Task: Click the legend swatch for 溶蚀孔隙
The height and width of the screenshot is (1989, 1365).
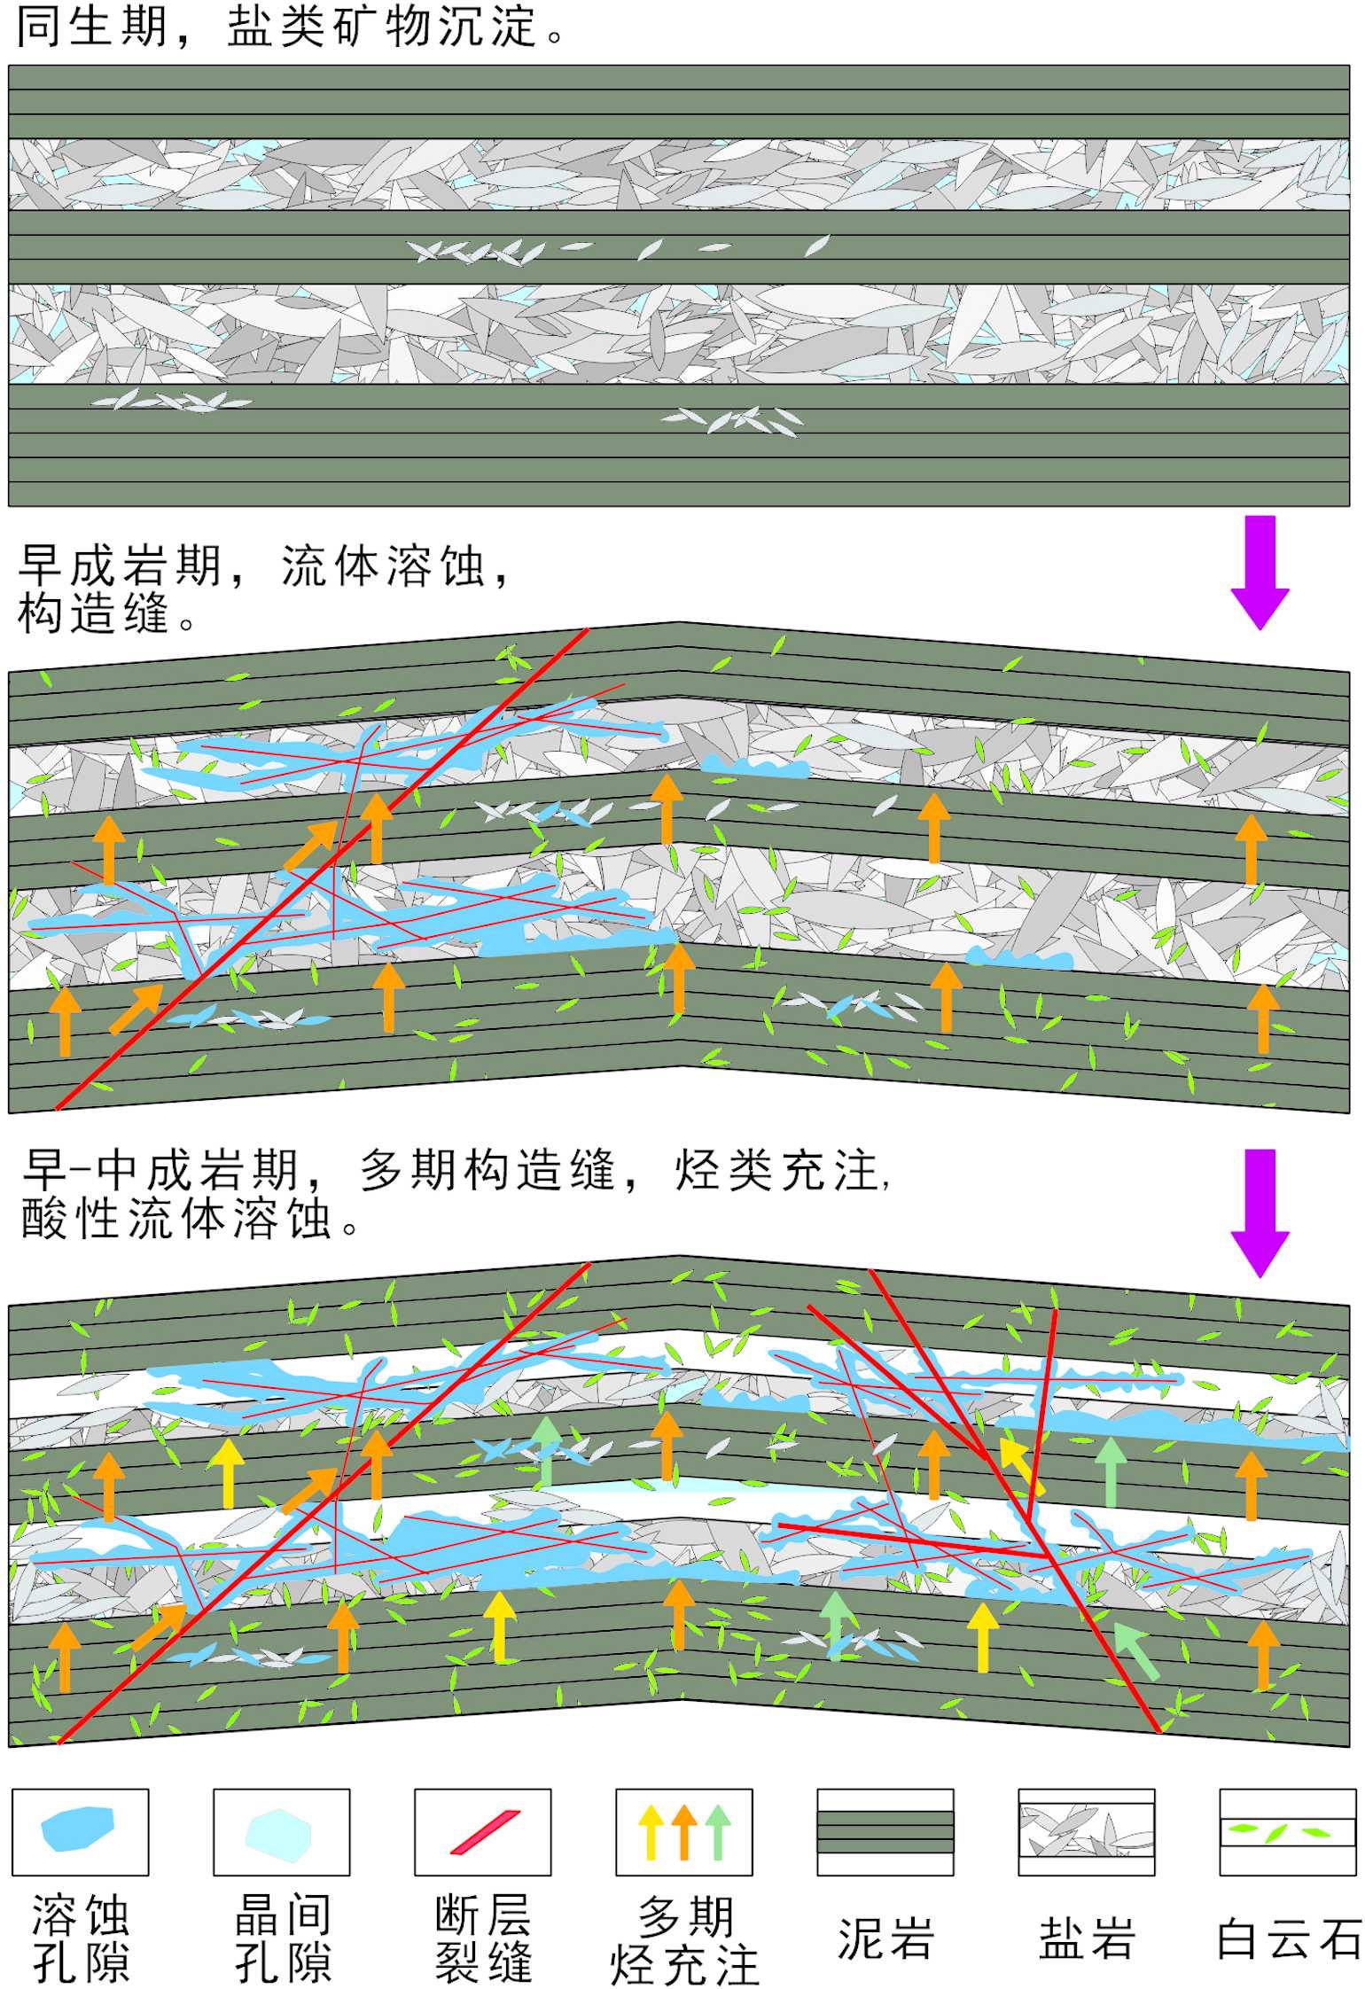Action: [79, 1827]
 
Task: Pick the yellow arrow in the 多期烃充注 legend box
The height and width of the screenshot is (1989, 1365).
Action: [651, 1831]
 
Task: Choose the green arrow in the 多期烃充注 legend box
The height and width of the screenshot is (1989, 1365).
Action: [718, 1831]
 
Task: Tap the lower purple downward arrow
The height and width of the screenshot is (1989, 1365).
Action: [1260, 1211]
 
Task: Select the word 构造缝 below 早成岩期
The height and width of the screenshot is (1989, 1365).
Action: [93, 613]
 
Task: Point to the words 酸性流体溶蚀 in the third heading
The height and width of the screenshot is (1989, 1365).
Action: [176, 1219]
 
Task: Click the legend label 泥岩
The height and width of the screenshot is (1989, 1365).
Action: [885, 1938]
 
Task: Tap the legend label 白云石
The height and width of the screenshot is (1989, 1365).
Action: [1288, 1938]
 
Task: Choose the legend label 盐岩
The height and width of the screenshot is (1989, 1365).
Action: [1087, 1938]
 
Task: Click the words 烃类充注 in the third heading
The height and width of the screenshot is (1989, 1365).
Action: [776, 1170]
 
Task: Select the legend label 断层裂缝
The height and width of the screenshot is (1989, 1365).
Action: [483, 1938]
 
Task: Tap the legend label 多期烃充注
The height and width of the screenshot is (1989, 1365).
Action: [684, 1938]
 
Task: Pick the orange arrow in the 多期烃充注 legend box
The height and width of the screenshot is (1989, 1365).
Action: [684, 1831]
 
